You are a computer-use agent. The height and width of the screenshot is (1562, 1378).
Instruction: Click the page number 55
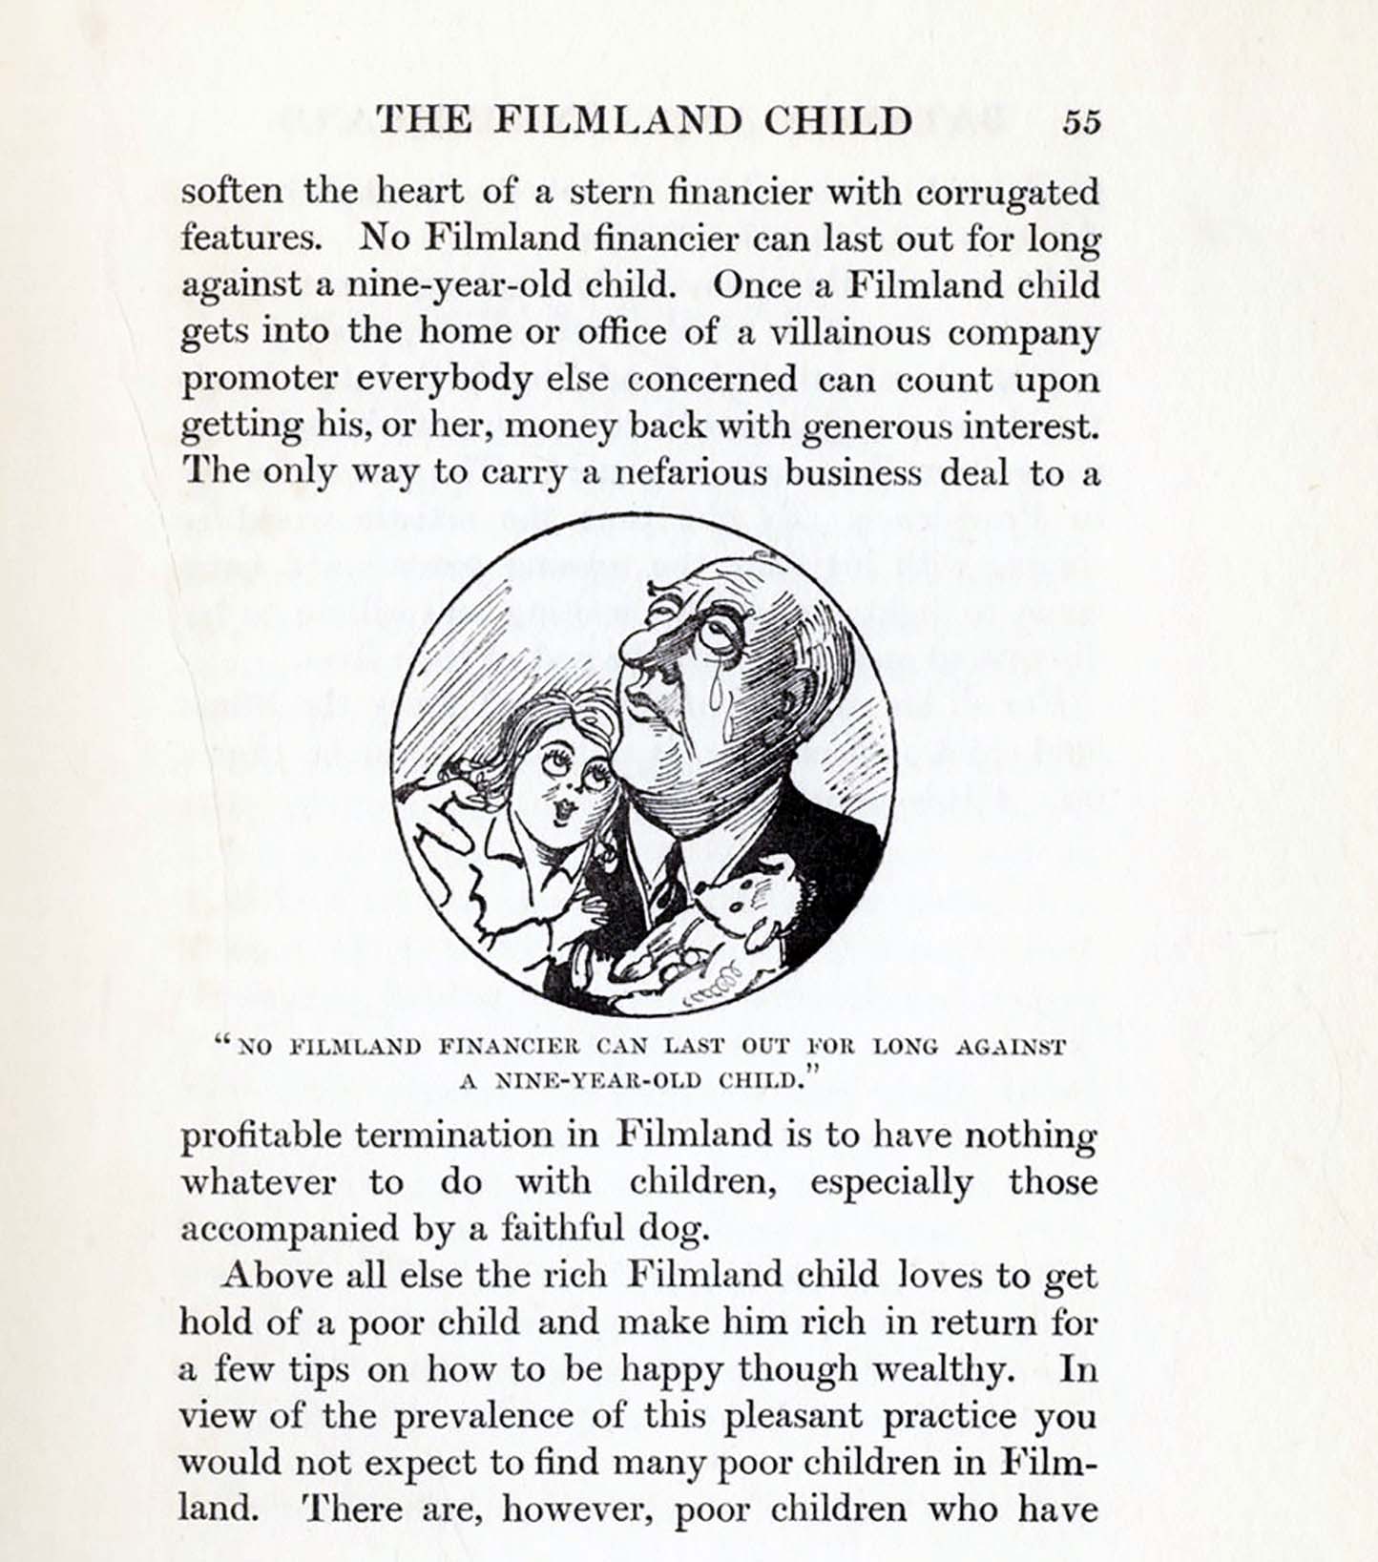coord(1082,121)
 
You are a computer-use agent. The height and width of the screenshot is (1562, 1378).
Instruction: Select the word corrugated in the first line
coord(1007,194)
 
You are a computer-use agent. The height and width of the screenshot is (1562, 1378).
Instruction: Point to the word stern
coord(611,193)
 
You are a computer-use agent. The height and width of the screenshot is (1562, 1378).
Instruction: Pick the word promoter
coord(260,381)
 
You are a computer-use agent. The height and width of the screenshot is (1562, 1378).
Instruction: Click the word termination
coord(477,1135)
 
